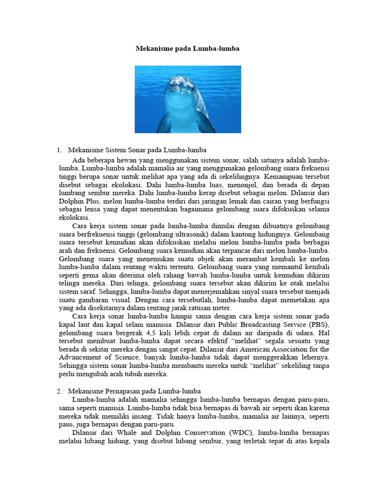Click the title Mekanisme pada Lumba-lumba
click(188, 49)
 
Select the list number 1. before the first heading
click(60, 149)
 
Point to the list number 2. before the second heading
click(60, 391)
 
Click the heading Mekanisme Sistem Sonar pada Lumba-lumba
click(138, 149)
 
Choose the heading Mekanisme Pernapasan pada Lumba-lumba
click(135, 391)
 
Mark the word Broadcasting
click(259, 325)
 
